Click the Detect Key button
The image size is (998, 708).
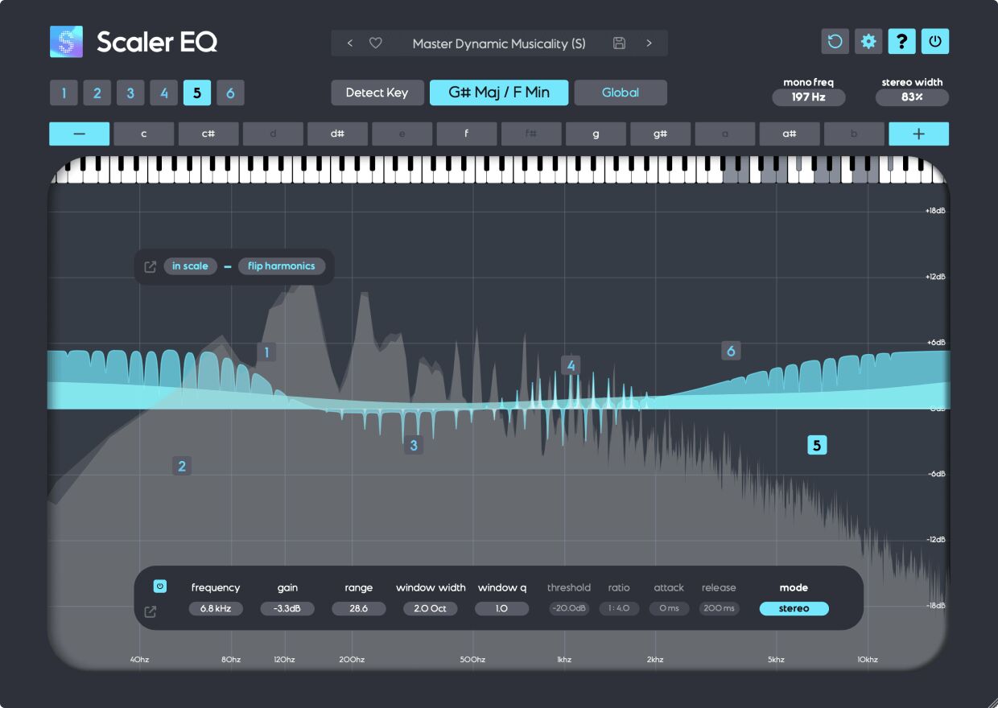377,93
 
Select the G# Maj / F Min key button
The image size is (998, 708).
499,93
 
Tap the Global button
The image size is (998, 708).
621,93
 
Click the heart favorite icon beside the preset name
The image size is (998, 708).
375,43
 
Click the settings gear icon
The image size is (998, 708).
868,42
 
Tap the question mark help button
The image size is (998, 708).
901,42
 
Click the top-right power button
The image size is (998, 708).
935,42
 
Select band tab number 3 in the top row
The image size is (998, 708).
130,93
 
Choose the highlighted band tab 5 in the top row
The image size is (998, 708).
197,93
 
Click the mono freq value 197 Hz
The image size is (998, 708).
808,97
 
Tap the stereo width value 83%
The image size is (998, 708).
912,97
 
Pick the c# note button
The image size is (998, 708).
208,134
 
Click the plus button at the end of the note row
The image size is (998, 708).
918,134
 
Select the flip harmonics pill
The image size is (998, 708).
281,266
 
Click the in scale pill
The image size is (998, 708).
190,266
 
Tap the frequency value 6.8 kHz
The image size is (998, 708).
216,608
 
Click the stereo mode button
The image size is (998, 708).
794,608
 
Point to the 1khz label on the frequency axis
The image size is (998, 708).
563,660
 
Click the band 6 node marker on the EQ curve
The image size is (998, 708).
731,351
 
